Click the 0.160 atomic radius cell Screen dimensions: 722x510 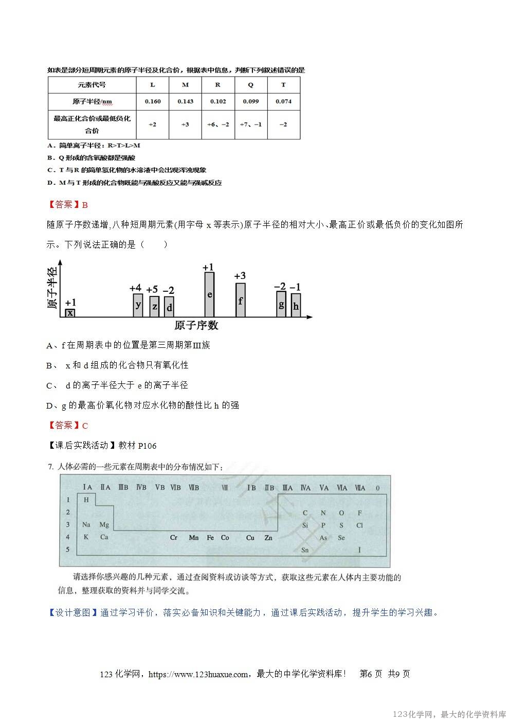tap(153, 101)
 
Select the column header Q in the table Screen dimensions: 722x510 tap(250, 85)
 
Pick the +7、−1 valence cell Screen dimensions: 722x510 tap(250, 125)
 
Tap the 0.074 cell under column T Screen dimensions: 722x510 tap(283, 101)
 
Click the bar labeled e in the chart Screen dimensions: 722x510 tap(209, 294)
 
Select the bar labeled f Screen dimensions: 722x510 tap(240, 300)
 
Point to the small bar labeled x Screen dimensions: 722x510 tap(70, 313)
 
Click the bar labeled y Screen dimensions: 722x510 tap(138, 305)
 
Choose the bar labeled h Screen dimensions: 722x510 tap(296, 305)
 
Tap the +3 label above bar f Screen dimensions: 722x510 tap(240, 276)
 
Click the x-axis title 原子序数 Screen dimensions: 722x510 tap(196, 325)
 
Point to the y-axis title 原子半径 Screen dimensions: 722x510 tap(52, 288)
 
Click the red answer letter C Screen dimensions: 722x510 tap(85, 426)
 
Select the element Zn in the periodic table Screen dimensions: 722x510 tap(268, 538)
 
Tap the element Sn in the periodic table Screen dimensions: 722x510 tap(305, 550)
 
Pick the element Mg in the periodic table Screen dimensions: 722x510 tap(104, 525)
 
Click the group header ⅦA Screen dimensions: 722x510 tap(359, 487)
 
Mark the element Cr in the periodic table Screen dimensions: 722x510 tap(174, 538)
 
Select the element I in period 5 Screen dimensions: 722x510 tap(359, 550)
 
